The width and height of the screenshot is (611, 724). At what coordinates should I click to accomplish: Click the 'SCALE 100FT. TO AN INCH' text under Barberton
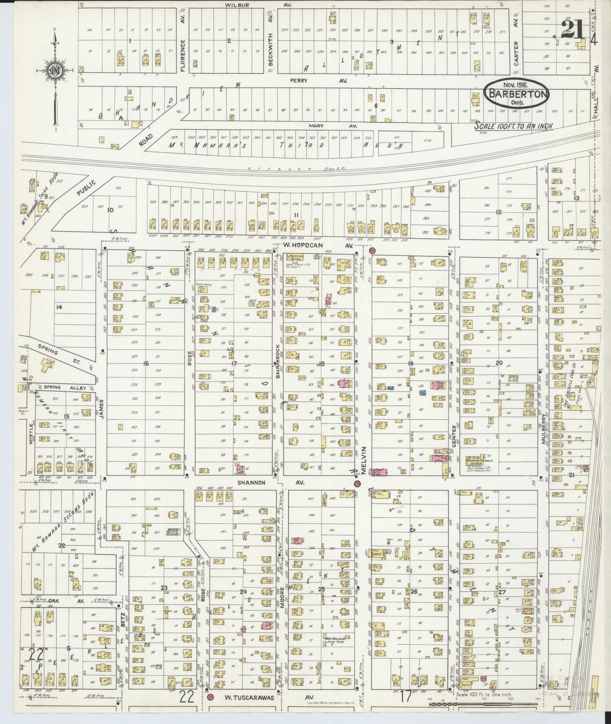[x=513, y=126]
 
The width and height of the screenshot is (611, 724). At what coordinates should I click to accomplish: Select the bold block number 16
[x=146, y=363]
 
